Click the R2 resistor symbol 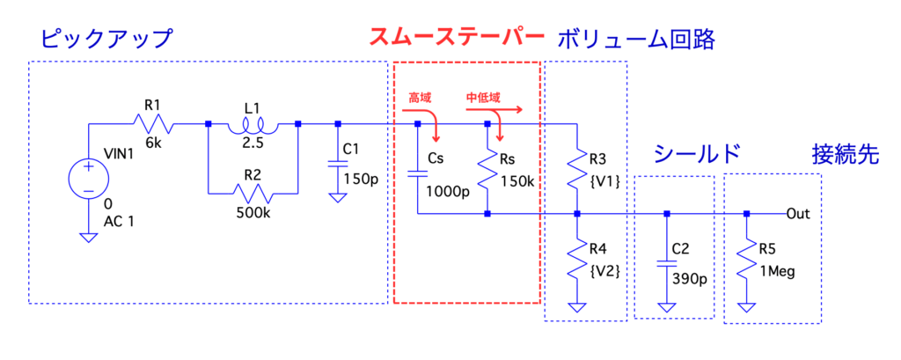pyautogui.click(x=252, y=193)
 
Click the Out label pyautogui.click(x=798, y=214)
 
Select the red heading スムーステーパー pyautogui.click(x=456, y=38)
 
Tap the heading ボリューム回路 pyautogui.click(x=634, y=39)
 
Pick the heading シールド pyautogui.click(x=690, y=154)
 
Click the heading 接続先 pyautogui.click(x=844, y=154)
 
